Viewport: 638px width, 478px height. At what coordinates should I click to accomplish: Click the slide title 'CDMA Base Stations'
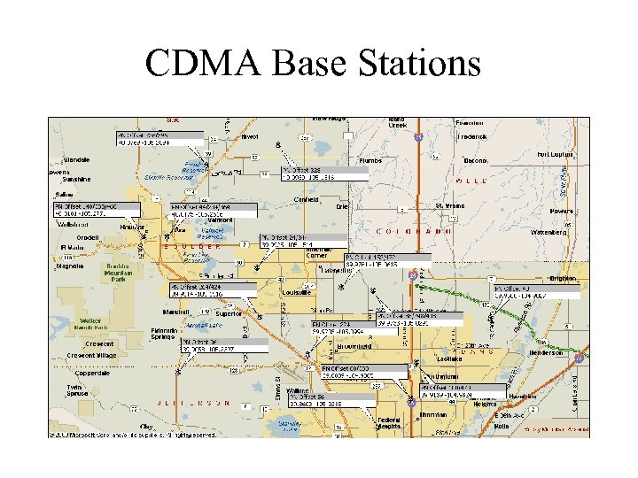[313, 64]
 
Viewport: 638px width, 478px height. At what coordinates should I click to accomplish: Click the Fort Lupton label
[556, 154]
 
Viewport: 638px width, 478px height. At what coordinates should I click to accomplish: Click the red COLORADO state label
[415, 231]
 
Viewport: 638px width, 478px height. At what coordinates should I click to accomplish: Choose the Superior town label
[229, 312]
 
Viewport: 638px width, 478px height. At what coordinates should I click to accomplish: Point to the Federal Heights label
[389, 423]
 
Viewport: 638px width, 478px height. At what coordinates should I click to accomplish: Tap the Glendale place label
[77, 160]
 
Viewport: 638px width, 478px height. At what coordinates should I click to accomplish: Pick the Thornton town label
[433, 414]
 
